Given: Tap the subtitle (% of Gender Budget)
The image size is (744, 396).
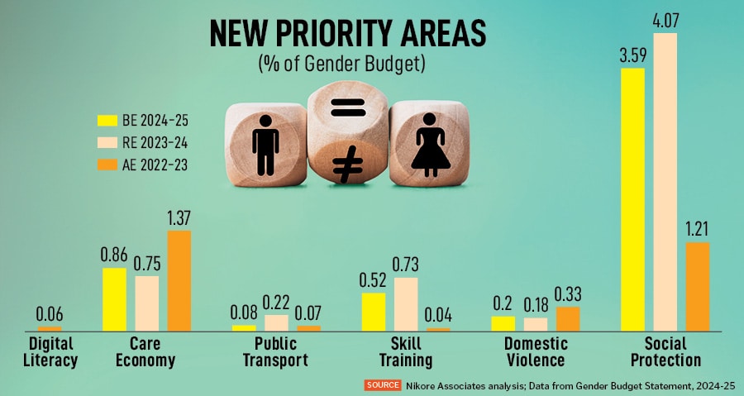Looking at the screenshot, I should [347, 64].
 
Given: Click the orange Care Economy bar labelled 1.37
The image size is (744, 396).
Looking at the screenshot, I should [179, 281].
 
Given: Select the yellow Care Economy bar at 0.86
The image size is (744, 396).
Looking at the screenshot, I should [115, 299].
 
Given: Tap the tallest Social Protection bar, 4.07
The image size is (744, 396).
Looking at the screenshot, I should [665, 182].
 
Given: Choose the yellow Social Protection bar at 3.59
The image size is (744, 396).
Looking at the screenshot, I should [632, 198].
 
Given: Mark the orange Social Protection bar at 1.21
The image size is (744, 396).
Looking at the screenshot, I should [698, 286].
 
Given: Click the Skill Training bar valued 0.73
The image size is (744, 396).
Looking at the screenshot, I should [406, 303].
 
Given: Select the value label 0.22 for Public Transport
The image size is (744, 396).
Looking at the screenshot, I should [276, 303].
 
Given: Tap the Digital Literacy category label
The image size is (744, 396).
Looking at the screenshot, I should [50, 351].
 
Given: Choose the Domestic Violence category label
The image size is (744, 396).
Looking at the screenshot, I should [536, 351].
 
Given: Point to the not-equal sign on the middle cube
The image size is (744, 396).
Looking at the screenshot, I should [347, 166].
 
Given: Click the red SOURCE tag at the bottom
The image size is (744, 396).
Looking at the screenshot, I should [383, 385].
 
